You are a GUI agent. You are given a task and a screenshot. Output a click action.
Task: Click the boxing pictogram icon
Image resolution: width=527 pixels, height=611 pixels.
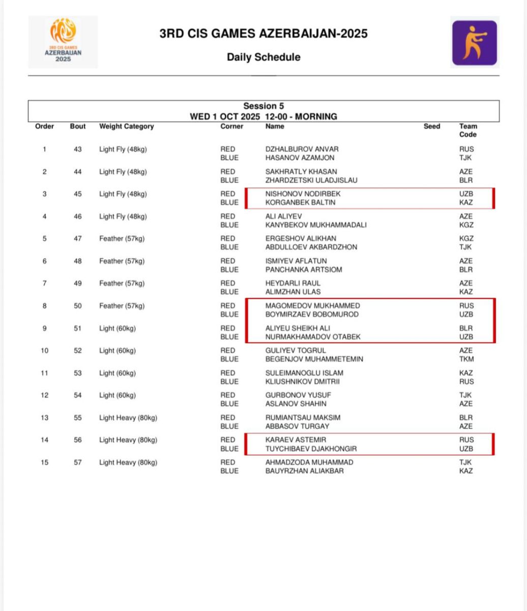tap(474, 43)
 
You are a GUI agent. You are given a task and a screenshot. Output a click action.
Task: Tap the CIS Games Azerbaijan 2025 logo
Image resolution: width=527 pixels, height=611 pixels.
tap(63, 41)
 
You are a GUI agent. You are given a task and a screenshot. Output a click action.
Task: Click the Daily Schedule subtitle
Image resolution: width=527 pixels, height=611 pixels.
tap(263, 57)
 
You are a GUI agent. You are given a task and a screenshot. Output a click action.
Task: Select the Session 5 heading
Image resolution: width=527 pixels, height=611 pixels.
tap(263, 106)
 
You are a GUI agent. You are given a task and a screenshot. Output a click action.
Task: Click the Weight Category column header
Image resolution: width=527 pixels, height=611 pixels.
tap(126, 126)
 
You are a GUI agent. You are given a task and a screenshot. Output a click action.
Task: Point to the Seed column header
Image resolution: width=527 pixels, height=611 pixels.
tap(432, 126)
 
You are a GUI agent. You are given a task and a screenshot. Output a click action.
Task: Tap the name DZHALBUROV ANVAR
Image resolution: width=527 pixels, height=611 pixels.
tap(302, 149)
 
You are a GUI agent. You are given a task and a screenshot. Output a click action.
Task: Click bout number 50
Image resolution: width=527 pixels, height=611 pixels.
tap(77, 305)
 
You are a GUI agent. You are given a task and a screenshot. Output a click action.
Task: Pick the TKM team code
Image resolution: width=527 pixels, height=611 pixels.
tap(466, 359)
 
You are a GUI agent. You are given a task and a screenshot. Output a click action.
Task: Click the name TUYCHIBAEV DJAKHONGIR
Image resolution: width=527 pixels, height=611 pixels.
tap(311, 449)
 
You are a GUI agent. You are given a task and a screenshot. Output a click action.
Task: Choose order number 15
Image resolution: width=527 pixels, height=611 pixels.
tap(44, 462)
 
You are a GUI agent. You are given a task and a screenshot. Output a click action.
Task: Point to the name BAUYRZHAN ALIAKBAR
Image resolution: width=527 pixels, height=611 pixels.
tap(304, 471)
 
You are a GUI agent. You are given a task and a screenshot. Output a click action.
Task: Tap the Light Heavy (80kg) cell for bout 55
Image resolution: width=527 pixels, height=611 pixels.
tap(128, 418)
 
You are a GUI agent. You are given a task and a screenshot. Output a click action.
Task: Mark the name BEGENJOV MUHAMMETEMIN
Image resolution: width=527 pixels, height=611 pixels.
tap(314, 359)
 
